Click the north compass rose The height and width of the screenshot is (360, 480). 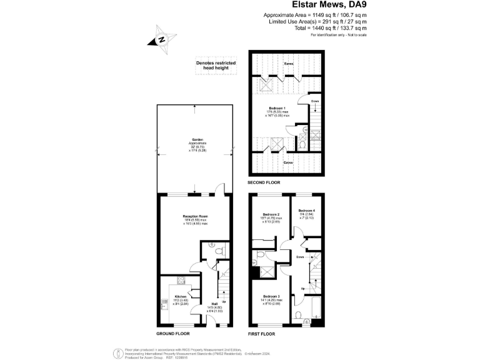161,39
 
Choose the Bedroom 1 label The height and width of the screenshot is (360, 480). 277,108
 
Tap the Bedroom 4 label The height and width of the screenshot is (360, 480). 306,211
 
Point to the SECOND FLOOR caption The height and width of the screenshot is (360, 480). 264,182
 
